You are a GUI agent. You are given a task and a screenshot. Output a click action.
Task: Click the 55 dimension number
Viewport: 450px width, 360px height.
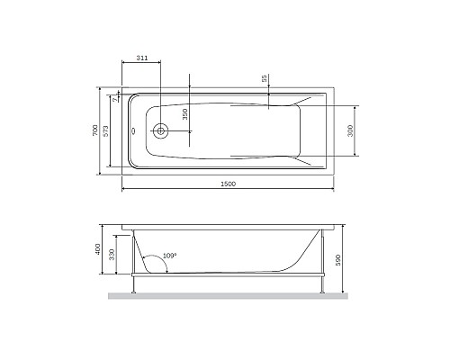(264, 79)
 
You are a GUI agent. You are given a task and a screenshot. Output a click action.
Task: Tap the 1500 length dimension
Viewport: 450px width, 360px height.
(228, 184)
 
